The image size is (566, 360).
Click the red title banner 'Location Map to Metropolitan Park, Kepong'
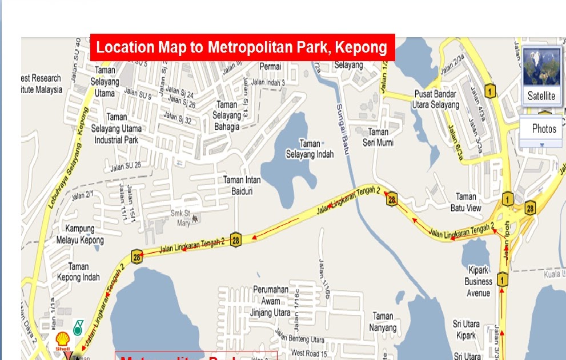[242, 47]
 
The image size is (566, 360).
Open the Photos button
[543, 129]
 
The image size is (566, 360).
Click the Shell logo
[62, 341]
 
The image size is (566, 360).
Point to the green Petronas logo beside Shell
[77, 327]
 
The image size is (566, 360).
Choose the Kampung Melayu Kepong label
[80, 234]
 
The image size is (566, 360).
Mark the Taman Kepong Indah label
[78, 272]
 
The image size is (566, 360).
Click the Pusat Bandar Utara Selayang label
[435, 99]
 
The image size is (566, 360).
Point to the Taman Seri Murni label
[378, 137]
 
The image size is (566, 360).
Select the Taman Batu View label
[465, 202]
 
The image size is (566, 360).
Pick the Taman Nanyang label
[383, 322]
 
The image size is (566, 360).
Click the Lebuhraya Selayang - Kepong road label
[67, 156]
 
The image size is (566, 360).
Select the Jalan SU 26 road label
[125, 167]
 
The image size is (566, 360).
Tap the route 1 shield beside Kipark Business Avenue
[502, 279]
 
